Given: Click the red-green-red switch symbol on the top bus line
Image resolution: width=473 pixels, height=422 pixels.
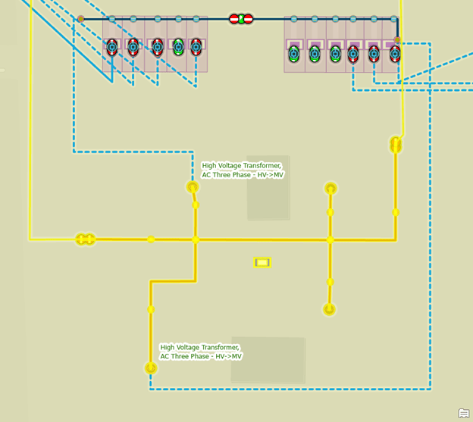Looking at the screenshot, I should click(x=241, y=18).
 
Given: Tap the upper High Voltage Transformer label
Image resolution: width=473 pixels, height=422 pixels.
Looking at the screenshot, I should click(x=243, y=170).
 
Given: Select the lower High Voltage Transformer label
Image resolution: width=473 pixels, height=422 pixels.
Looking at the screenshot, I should click(x=201, y=352).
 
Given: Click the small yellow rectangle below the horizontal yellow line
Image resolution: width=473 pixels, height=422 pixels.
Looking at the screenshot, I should click(x=262, y=263).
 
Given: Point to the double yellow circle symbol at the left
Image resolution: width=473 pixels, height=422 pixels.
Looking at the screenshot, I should click(x=85, y=239).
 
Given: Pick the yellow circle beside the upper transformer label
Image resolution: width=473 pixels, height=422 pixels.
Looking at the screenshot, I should click(x=193, y=187).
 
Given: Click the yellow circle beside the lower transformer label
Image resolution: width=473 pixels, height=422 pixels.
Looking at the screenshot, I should click(x=151, y=368).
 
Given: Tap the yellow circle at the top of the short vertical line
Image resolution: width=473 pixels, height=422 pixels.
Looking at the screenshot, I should click(x=330, y=188).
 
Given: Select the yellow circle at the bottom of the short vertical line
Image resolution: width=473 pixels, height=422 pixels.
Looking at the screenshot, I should click(x=330, y=309).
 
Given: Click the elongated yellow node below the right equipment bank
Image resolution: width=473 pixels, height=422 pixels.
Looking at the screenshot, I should click(x=395, y=144).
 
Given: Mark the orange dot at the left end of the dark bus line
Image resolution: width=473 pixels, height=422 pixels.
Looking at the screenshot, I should click(x=81, y=18).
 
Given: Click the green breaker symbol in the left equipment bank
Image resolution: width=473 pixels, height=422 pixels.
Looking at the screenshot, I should click(x=178, y=47).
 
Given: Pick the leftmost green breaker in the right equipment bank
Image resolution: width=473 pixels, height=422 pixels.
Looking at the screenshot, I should click(x=294, y=53).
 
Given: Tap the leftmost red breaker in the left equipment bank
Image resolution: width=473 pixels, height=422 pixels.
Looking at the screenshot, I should click(x=112, y=47).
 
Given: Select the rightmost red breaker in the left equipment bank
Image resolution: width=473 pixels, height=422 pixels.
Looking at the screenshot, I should click(x=196, y=47).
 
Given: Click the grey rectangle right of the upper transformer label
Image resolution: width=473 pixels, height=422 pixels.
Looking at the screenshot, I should click(x=268, y=188).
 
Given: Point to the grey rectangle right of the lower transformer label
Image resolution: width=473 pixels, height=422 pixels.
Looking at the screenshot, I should click(x=268, y=360).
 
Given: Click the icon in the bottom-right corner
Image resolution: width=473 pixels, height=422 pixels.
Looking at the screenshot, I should click(x=463, y=413).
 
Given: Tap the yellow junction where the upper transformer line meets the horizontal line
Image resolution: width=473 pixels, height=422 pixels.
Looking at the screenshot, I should click(x=196, y=239).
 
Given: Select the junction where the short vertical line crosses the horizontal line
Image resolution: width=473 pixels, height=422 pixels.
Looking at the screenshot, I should click(x=330, y=239).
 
